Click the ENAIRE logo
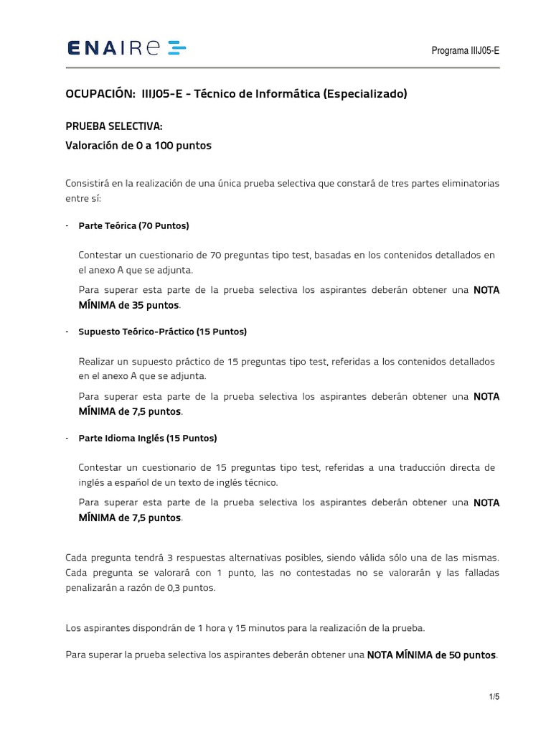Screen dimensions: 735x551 (126, 49)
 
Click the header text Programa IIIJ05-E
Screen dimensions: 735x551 (465, 50)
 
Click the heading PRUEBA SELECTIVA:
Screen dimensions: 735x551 (114, 126)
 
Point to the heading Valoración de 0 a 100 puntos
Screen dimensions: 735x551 (138, 146)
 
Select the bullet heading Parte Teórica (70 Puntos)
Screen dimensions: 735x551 (133, 225)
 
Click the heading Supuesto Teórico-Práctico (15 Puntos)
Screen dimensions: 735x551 (162, 332)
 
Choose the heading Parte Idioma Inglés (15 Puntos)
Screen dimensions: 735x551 (147, 438)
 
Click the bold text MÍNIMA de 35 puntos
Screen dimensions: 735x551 (130, 306)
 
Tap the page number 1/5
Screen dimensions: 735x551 (494, 697)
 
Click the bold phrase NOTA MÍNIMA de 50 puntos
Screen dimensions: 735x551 (431, 655)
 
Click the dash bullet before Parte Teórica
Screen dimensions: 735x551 (67, 225)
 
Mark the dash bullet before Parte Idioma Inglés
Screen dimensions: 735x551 (67, 438)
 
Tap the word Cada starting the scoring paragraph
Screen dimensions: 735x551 (76, 558)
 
